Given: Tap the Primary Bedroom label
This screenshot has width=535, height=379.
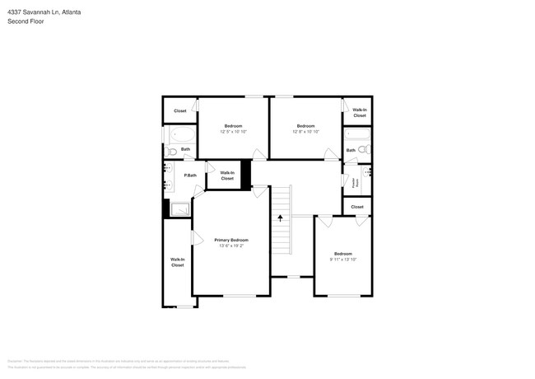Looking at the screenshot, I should [231, 240].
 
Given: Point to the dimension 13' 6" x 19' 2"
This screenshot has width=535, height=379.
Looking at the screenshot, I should [231, 246].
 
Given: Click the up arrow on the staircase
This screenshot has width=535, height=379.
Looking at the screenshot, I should [280, 218].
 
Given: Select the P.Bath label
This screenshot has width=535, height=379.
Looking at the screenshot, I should [189, 175].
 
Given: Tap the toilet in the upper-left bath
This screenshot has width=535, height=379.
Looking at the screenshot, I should [171, 151].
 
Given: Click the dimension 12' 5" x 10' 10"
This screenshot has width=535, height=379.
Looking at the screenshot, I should [234, 131].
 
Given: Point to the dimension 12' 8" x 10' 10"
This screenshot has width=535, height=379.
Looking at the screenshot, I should [306, 131].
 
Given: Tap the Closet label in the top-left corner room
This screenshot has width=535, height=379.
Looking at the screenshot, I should [179, 110].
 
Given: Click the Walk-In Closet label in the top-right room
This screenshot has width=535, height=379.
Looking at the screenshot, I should [359, 113].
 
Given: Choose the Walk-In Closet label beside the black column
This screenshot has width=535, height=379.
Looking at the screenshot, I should [227, 175].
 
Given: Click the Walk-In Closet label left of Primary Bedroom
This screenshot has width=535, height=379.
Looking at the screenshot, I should [177, 263].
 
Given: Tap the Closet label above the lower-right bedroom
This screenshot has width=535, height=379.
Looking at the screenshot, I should [357, 207].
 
